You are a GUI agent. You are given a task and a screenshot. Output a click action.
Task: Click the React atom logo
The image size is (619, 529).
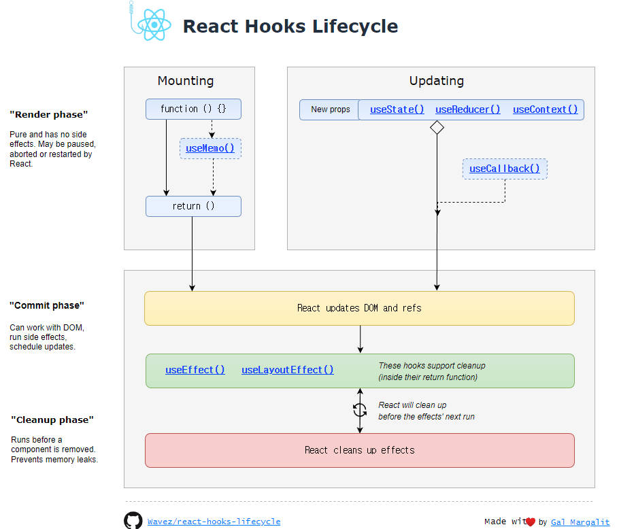(x=154, y=26)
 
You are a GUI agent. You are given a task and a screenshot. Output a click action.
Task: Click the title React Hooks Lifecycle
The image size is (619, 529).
(x=290, y=27)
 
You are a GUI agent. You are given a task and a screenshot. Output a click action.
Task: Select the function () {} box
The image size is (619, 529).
(x=193, y=109)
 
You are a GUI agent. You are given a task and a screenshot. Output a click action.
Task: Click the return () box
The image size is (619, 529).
(x=193, y=206)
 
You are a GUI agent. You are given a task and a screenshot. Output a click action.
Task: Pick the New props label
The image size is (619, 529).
(x=331, y=109)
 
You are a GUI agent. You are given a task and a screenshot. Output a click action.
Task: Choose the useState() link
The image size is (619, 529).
(x=397, y=109)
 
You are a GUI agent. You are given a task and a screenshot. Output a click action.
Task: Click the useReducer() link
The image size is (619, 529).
(x=467, y=109)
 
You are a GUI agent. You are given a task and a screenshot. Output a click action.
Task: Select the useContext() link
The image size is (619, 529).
(x=545, y=109)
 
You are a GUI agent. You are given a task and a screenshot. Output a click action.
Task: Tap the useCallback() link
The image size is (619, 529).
(x=505, y=169)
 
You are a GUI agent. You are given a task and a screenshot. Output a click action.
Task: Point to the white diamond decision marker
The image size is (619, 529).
(x=437, y=127)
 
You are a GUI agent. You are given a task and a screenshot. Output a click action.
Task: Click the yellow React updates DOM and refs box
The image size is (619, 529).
(x=359, y=308)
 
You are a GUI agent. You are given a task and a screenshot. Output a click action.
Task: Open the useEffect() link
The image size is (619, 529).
(x=195, y=370)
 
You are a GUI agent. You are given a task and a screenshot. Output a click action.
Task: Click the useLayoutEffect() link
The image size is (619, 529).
(x=288, y=370)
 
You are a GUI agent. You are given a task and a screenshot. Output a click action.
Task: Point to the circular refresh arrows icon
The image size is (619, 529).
(x=360, y=410)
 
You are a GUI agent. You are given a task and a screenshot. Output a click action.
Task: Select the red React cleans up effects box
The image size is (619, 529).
(x=359, y=450)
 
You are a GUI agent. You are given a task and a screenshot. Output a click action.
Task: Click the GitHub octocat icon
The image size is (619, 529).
(x=133, y=521)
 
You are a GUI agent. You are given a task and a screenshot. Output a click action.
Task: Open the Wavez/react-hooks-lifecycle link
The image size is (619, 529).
(x=214, y=522)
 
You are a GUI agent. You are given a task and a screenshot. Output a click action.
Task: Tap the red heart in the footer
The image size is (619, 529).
(x=531, y=522)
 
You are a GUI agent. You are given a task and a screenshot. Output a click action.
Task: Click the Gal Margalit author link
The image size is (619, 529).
(x=580, y=522)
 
